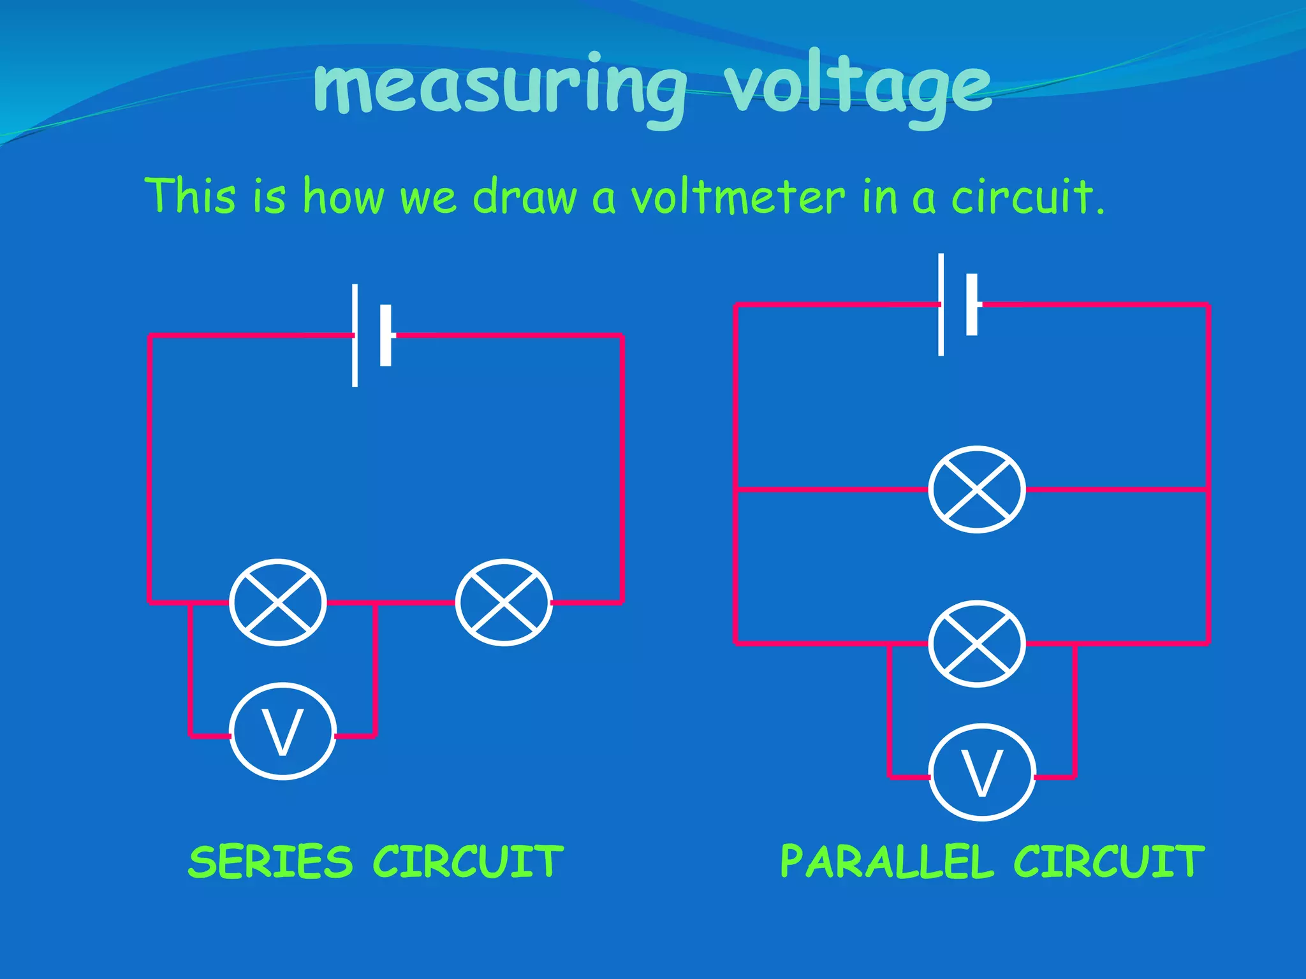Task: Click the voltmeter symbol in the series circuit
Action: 282,731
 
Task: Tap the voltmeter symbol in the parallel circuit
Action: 981,772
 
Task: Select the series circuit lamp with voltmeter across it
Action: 278,602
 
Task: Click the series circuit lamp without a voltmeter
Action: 504,602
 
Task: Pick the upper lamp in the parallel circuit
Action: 976,489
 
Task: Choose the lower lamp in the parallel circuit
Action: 976,643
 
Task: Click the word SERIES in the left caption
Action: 270,862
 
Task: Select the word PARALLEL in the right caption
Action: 887,862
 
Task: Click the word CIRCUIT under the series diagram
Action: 467,862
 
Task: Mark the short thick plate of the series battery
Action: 386,336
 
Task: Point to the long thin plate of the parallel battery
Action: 941,305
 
